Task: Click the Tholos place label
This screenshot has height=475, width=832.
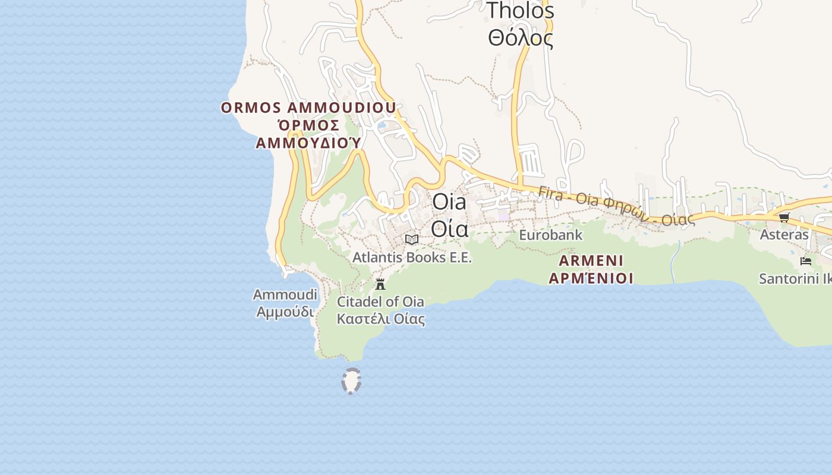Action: pos(520,11)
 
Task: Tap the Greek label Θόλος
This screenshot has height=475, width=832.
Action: pos(520,38)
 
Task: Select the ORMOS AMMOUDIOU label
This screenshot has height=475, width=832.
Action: pos(308,107)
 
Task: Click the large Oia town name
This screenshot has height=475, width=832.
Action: pos(449,202)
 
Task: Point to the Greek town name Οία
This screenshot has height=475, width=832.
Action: pos(449,228)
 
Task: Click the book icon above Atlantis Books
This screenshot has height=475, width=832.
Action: pos(411,239)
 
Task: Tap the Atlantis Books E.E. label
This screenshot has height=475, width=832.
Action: pos(411,258)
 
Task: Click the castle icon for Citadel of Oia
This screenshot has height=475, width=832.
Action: pos(380,284)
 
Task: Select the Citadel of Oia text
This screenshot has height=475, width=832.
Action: pos(380,301)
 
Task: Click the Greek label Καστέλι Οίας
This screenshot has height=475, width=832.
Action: pos(380,319)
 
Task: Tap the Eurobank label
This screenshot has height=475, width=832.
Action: pos(550,235)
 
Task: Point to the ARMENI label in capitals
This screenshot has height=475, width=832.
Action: pos(591,261)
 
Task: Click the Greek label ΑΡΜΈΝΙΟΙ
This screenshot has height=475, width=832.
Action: pos(591,278)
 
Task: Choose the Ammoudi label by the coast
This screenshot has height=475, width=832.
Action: pos(285,294)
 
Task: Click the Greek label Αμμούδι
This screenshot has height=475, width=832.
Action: pos(285,311)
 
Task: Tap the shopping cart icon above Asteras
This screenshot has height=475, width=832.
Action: pos(784,217)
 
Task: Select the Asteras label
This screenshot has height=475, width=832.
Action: pos(784,235)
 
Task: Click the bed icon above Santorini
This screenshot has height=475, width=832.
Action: pos(806,261)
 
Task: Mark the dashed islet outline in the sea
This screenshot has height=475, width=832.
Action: pos(351,381)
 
